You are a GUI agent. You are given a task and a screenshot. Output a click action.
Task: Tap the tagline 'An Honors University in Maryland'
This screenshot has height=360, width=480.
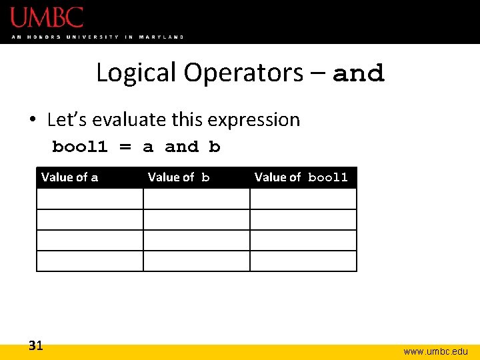[97, 37]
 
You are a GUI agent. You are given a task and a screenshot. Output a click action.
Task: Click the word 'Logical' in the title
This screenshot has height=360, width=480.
[137, 73]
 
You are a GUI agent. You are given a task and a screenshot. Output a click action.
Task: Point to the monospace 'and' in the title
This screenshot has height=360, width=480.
[359, 73]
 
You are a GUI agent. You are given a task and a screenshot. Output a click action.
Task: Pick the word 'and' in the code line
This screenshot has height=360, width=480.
[181, 147]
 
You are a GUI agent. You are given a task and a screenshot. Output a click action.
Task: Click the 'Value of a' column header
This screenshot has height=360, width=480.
[70, 177]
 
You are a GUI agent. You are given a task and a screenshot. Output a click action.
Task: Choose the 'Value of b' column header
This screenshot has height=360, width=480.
[179, 177]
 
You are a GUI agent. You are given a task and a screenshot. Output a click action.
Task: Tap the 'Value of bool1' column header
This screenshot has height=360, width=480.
[301, 177]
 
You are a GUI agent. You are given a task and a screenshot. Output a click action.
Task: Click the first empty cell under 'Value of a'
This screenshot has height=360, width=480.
[90, 199]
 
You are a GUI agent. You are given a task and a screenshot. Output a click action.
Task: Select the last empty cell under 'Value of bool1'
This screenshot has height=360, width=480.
[303, 261]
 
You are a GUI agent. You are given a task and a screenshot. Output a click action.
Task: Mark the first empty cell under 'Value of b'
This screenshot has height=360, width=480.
[197, 199]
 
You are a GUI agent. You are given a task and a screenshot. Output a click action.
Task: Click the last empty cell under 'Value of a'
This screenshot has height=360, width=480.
[90, 261]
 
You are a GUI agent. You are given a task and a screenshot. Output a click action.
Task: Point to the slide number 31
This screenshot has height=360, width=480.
[36, 345]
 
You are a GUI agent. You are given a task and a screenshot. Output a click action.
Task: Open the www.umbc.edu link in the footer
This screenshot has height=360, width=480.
[435, 351]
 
